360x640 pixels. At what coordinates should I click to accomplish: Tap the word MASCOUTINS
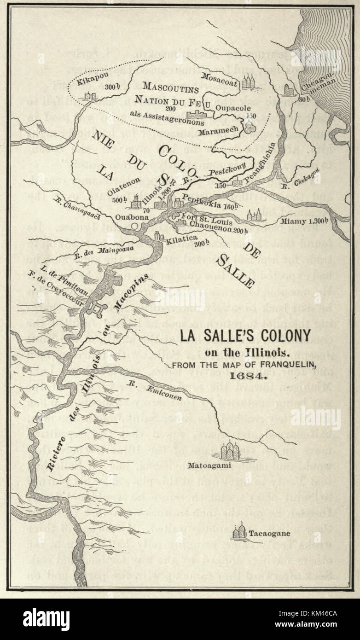tap(170, 86)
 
